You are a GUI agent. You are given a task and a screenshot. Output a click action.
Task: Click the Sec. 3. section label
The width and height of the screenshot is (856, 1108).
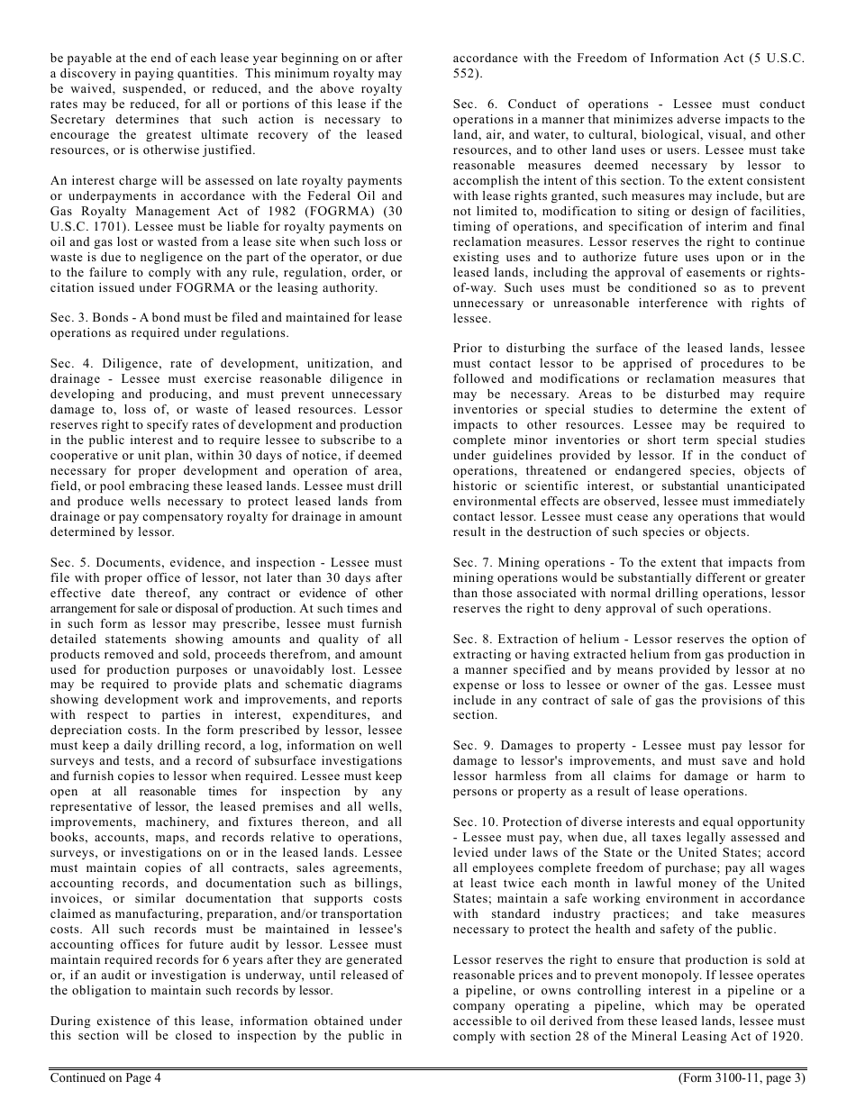tap(69, 318)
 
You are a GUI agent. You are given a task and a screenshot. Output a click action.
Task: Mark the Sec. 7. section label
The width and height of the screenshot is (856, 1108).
tap(472, 563)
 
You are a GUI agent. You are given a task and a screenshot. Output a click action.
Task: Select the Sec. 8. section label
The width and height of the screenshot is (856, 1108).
tap(472, 640)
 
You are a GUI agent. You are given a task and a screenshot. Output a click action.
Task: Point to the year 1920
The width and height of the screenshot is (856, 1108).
tap(788, 1037)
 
